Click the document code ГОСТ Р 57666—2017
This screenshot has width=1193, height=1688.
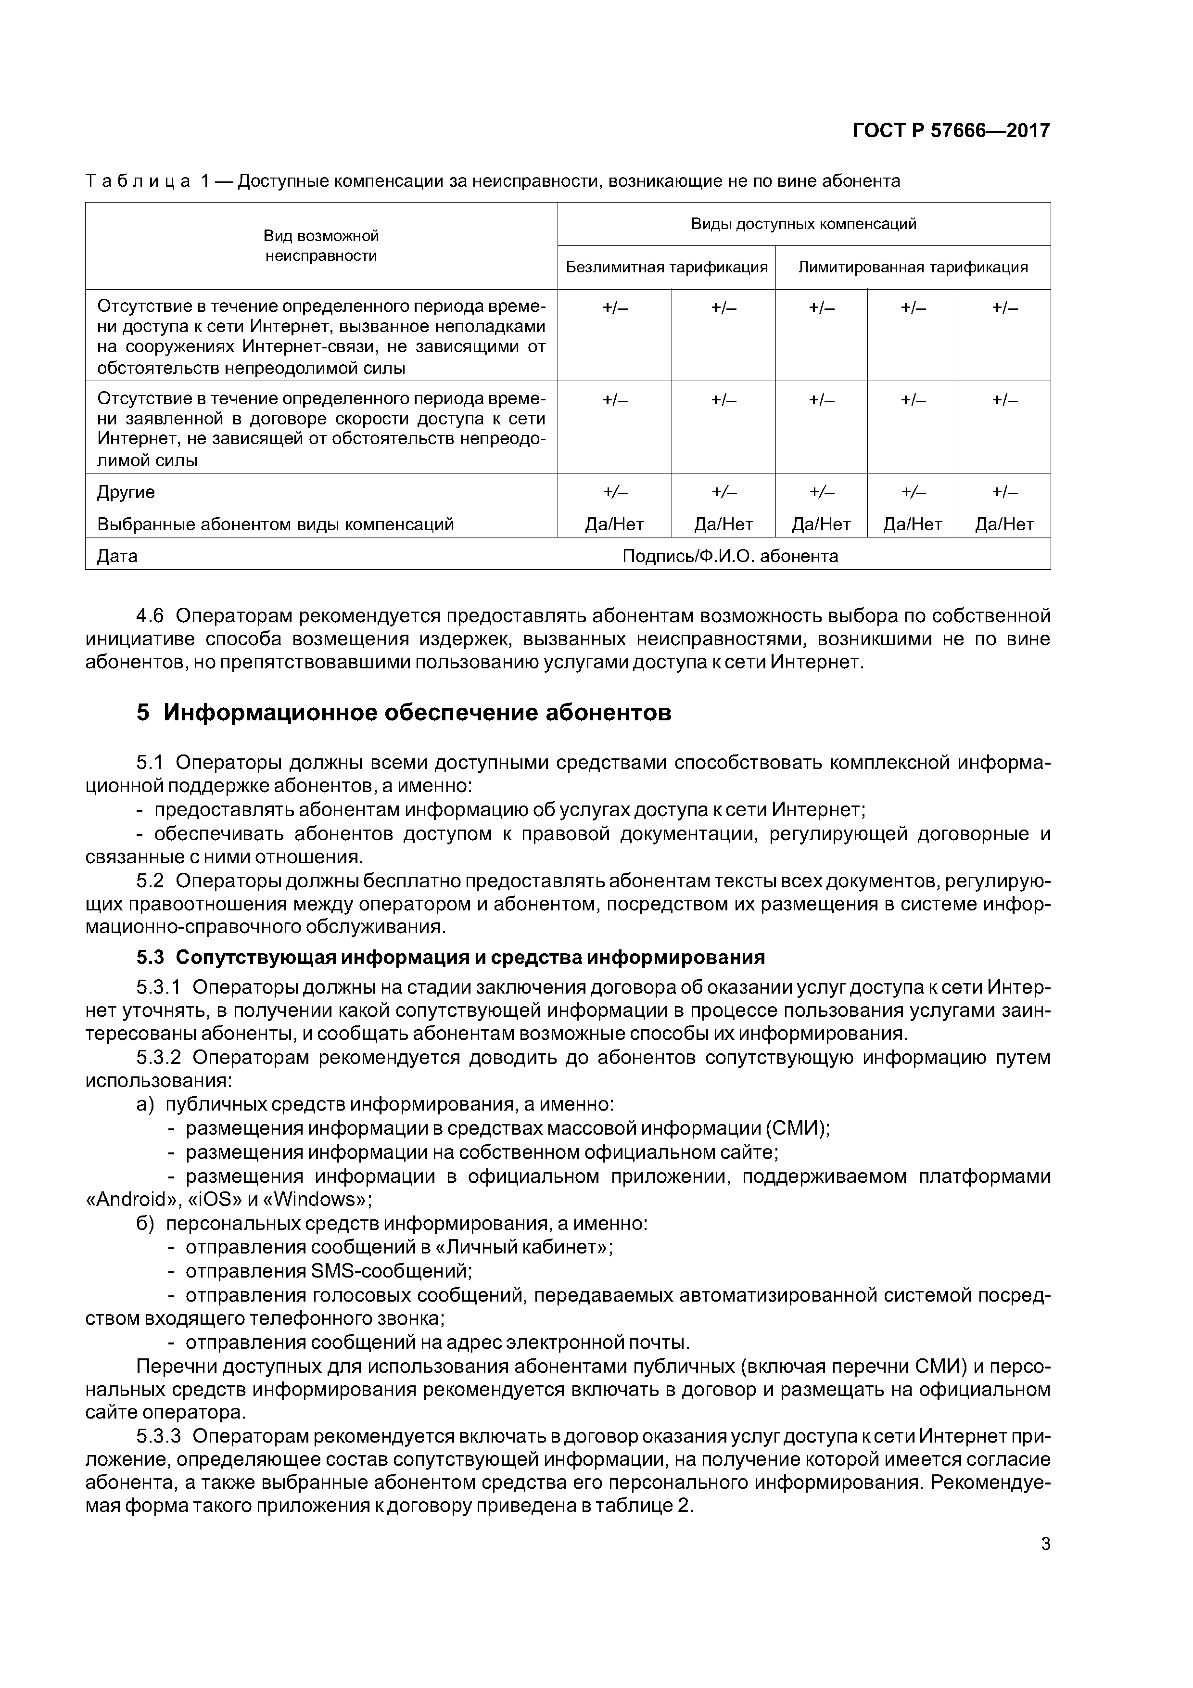pyautogui.click(x=951, y=131)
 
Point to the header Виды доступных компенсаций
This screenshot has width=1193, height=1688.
pyautogui.click(x=803, y=223)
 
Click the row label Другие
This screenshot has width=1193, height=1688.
pyautogui.click(x=126, y=492)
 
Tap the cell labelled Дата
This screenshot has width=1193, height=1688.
pyautogui.click(x=117, y=556)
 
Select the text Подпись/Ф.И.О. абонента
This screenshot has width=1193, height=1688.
pyautogui.click(x=729, y=556)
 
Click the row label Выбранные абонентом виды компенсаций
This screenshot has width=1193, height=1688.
pyautogui.click(x=275, y=524)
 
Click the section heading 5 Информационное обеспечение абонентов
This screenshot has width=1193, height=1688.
pyautogui.click(x=404, y=713)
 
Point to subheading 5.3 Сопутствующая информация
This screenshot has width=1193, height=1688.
pyautogui.click(x=450, y=957)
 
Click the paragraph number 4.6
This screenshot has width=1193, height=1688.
pyautogui.click(x=151, y=614)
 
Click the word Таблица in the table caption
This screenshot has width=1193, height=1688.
pyautogui.click(x=138, y=181)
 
